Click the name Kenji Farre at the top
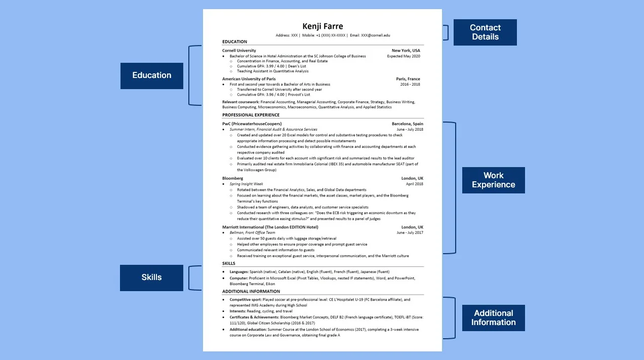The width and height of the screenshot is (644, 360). click(x=323, y=26)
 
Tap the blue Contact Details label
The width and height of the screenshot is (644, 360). click(x=485, y=32)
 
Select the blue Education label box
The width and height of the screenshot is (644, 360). click(x=152, y=75)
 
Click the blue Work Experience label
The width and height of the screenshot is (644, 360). click(x=493, y=180)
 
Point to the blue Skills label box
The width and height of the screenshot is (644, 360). click(x=151, y=277)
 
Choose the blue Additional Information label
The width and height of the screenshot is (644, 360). click(x=493, y=318)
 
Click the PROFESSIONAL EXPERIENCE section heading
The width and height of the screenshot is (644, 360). click(x=251, y=115)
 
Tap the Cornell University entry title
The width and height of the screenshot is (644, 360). click(x=239, y=51)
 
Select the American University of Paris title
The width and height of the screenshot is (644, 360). click(x=252, y=79)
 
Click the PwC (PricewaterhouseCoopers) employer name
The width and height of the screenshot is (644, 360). click(x=252, y=124)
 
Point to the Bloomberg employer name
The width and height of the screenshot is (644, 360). click(x=232, y=178)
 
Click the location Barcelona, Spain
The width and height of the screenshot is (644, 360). click(x=407, y=124)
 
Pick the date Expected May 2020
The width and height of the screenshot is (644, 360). click(x=404, y=56)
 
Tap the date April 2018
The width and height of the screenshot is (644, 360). click(x=414, y=184)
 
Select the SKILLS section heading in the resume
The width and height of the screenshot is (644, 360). click(x=228, y=263)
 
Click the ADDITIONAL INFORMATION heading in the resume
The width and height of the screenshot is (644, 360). click(x=251, y=291)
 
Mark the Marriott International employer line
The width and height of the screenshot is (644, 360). click(x=270, y=227)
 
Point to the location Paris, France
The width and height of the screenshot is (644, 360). click(x=408, y=79)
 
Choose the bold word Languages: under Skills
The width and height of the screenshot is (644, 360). click(x=239, y=272)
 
